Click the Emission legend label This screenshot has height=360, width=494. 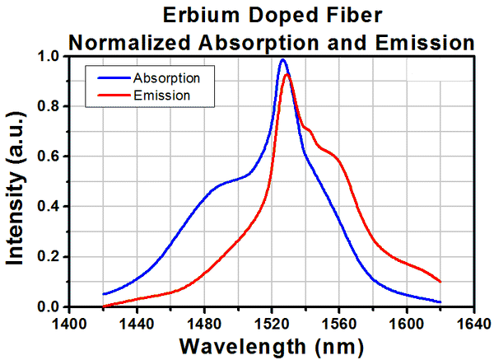162,95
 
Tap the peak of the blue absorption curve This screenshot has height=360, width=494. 283,59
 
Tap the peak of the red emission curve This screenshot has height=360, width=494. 287,75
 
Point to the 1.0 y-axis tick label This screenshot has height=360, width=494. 49,57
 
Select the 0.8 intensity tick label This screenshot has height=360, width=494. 49,107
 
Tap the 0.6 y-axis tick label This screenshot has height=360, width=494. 49,157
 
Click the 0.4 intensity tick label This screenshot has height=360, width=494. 49,207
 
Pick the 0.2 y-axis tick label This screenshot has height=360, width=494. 49,257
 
